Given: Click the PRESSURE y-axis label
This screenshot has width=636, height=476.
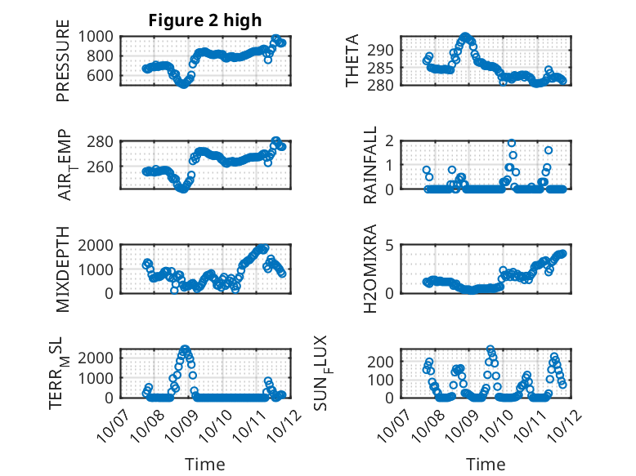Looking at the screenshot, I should coord(63,68).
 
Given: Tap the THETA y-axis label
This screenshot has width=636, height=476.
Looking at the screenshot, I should coord(352,61).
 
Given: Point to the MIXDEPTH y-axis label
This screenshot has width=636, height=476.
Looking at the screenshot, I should coord(63,269).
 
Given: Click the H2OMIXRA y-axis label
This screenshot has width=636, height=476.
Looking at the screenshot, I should coord(370,269).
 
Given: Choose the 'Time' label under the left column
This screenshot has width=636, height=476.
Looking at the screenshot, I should coord(204,464).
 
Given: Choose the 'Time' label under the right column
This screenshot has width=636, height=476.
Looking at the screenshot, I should coord(486,464).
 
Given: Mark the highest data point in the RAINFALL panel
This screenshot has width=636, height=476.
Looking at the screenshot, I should coord(512,143).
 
